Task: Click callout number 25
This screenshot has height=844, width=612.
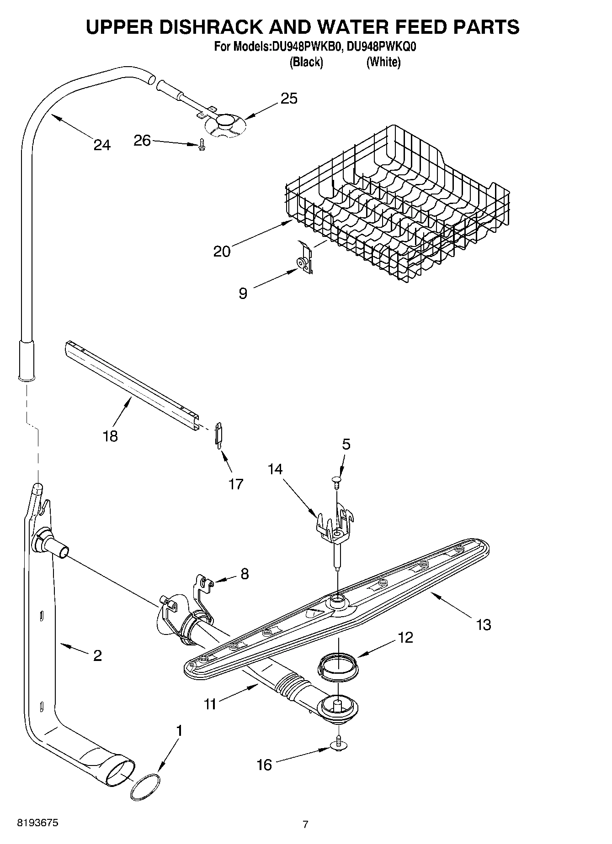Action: (x=289, y=98)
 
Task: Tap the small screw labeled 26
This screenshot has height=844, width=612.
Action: (x=201, y=145)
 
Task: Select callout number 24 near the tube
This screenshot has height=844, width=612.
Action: (x=102, y=145)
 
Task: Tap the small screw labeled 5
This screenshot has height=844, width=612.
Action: (x=336, y=481)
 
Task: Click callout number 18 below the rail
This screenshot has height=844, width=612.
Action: (x=110, y=436)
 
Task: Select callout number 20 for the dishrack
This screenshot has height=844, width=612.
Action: (x=222, y=251)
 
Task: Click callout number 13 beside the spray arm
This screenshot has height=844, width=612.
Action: (x=483, y=624)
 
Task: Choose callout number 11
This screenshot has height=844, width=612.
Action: (x=210, y=704)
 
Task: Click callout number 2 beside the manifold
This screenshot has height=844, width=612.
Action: (x=97, y=655)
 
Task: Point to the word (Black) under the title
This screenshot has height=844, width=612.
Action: (x=306, y=62)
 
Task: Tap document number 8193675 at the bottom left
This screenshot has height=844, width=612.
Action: (x=37, y=823)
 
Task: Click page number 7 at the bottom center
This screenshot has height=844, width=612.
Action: (x=305, y=824)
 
